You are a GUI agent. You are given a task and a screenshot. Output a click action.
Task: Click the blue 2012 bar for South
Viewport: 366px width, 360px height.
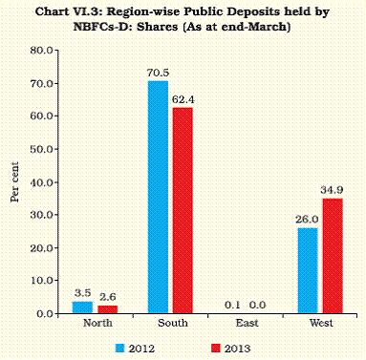158,198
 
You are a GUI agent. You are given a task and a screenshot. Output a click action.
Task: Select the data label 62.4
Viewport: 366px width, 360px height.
181,99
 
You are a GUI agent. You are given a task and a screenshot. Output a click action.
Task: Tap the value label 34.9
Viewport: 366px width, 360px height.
331,189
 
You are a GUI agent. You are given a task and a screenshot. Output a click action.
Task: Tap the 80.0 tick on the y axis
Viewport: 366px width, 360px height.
41,50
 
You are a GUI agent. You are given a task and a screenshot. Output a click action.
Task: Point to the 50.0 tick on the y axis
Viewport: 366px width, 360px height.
41,149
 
